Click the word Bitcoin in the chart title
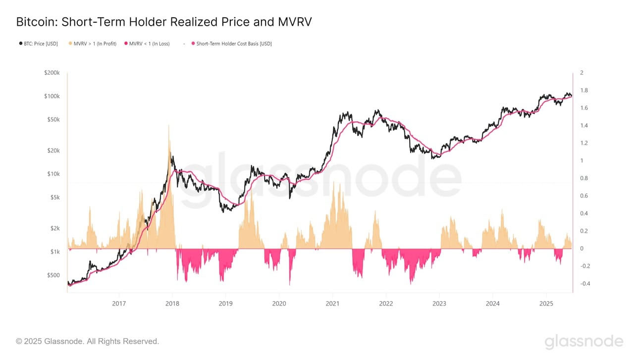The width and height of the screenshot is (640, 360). [34, 22]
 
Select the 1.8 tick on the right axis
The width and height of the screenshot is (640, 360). [584, 91]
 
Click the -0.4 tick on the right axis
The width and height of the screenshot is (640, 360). [585, 284]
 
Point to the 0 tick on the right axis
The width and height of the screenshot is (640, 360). [582, 249]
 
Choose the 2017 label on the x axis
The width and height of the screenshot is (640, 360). [119, 303]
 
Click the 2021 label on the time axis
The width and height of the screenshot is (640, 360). [332, 303]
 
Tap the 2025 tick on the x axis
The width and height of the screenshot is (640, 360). [546, 303]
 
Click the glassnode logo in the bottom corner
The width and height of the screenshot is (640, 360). [584, 342]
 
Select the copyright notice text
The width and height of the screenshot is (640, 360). [88, 341]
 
